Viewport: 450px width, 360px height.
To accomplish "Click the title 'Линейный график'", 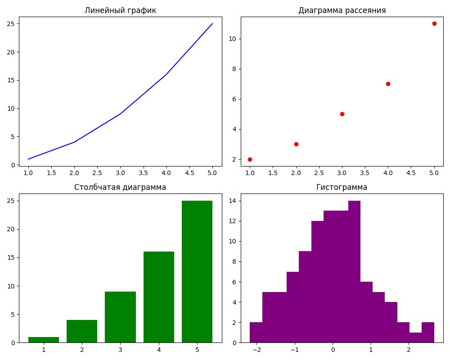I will tap(120, 10).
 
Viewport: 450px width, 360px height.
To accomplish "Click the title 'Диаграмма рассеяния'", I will tap(342, 10).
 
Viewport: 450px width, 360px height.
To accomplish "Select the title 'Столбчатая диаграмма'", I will tap(120, 187).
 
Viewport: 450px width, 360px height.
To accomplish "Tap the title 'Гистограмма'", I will tap(342, 187).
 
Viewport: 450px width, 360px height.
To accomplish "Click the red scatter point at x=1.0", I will tap(250, 159).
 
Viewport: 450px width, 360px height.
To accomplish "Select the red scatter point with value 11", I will tap(434, 23).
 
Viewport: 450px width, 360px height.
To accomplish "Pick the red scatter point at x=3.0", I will tap(342, 114).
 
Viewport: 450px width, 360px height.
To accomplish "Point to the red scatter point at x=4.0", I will tap(388, 84).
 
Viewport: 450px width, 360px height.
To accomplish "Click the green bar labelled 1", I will tap(44, 340).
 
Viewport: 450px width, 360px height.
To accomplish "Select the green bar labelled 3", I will tap(120, 317).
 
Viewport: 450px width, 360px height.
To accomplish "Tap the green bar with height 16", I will tap(159, 297).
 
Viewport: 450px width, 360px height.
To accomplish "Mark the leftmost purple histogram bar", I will tap(256, 333).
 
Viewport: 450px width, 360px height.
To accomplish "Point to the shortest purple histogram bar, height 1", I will tap(415, 337).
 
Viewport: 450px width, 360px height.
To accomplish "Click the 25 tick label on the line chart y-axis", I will tap(10, 23).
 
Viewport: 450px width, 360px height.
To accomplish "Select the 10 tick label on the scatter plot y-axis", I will tap(233, 39).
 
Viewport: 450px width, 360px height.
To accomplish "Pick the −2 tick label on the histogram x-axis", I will tap(256, 350).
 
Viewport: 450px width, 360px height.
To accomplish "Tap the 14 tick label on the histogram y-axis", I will tap(233, 201).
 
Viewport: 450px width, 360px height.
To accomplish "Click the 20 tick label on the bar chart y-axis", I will tap(10, 229).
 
